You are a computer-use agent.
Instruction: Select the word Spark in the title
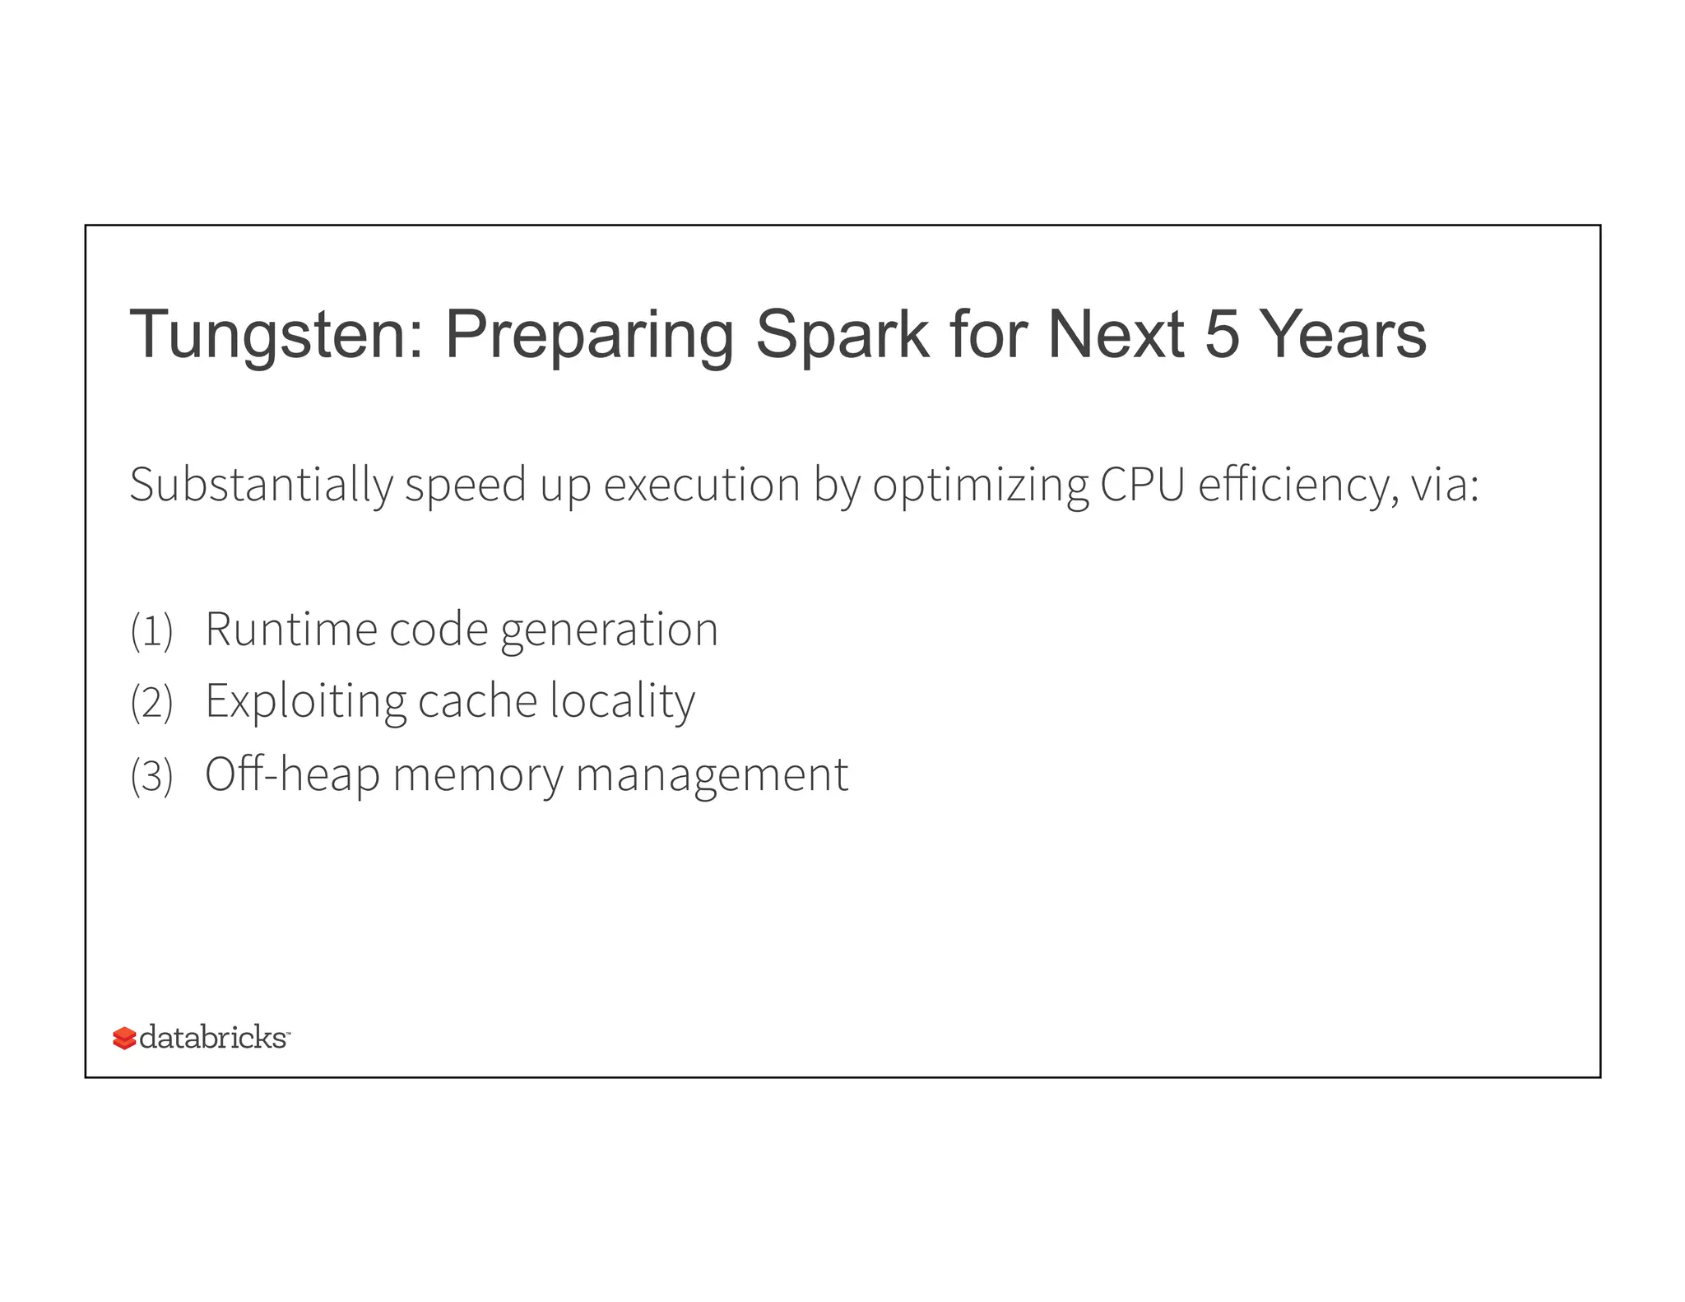pos(842,336)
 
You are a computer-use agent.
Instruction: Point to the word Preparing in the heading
pos(589,336)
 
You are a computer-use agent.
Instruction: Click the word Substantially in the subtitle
pos(261,485)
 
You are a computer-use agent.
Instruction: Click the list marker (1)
pos(152,632)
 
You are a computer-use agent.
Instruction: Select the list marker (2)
pos(152,704)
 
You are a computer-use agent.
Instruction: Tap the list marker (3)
pos(152,776)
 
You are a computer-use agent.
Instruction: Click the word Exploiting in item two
pos(305,702)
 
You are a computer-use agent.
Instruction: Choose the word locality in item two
pos(622,702)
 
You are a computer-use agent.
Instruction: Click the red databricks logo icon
pos(124,1039)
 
